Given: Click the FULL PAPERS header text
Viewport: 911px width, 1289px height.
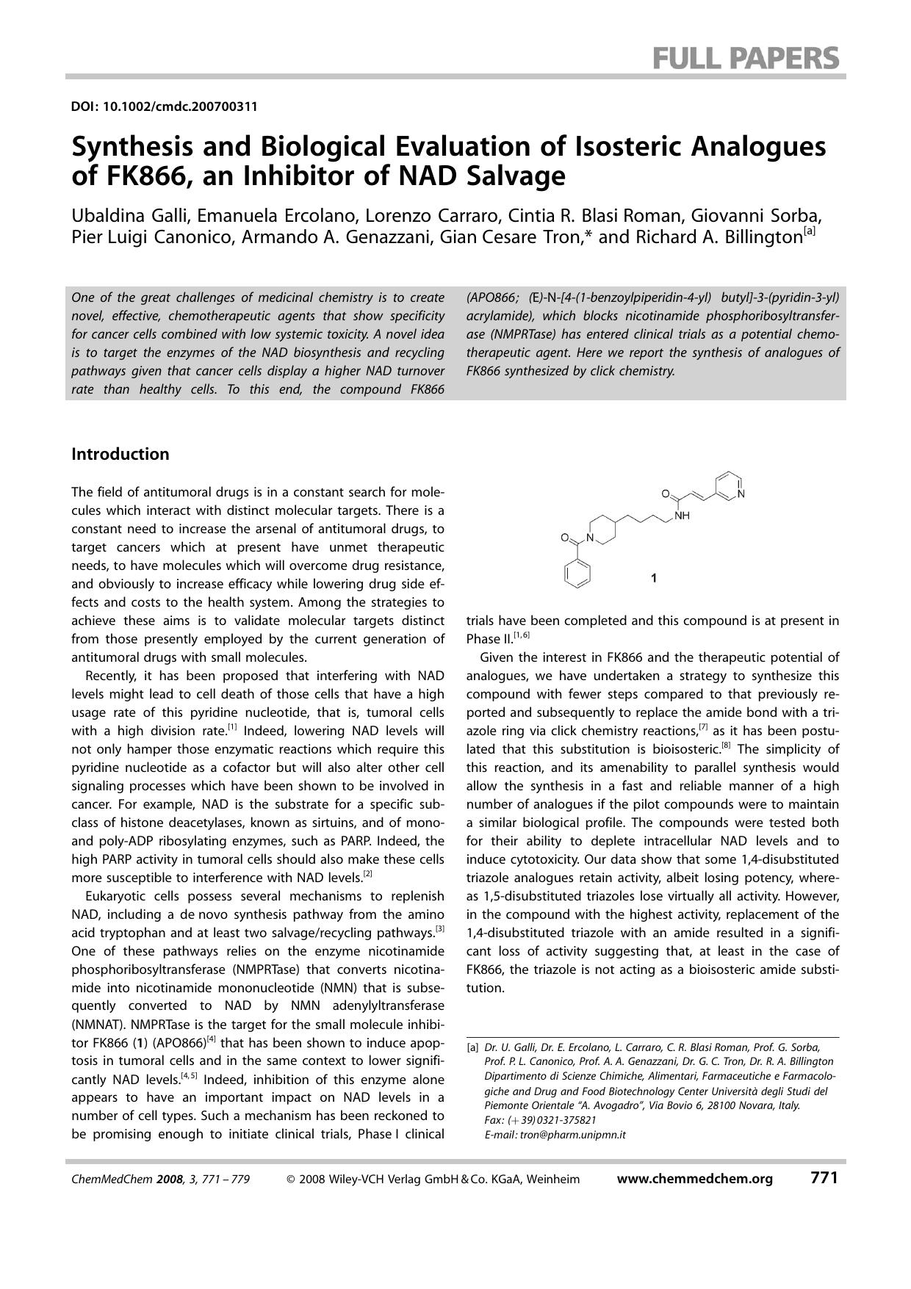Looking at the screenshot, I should tap(746, 57).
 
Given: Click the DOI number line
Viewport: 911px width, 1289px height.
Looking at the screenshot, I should tap(164, 106).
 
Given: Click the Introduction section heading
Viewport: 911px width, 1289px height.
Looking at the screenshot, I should tap(120, 454).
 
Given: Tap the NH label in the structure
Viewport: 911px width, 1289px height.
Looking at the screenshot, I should tap(682, 516).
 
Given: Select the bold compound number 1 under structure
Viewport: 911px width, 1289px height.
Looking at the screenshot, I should tap(654, 578).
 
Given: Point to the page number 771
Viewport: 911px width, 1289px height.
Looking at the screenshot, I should tap(824, 1178).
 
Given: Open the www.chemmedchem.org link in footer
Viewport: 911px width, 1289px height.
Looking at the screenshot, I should tap(694, 1179).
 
